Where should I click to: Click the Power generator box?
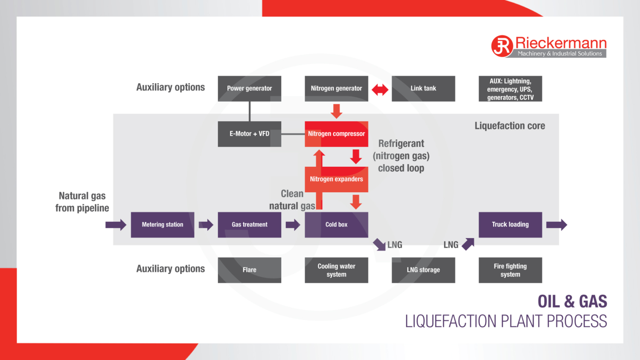[249, 88]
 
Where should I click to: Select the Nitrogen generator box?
[336, 88]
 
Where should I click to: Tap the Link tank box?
[423, 88]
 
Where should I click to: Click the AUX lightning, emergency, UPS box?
[510, 89]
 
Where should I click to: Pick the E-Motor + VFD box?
[249, 134]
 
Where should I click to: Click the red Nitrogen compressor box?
[336, 134]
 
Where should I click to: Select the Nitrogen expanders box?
[336, 179]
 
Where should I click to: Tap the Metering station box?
[163, 225]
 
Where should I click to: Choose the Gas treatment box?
[249, 225]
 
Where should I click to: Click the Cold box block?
[336, 225]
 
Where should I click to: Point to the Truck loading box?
[510, 225]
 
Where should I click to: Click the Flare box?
[249, 270]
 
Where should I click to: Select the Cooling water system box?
[336, 270]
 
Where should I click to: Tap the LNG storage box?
[423, 270]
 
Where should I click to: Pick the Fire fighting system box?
[510, 270]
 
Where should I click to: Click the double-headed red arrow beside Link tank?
[380, 90]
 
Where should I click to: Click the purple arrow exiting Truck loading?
[556, 225]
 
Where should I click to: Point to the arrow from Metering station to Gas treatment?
[206, 225]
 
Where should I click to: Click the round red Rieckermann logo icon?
[502, 46]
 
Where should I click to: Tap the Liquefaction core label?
[510, 126]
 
